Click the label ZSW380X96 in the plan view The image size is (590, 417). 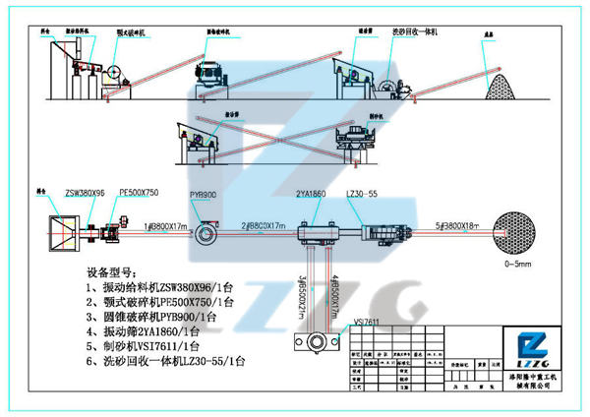[85, 194]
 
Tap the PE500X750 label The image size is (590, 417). [139, 194]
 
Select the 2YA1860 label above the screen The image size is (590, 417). [312, 196]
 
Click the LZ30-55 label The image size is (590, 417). [361, 196]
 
